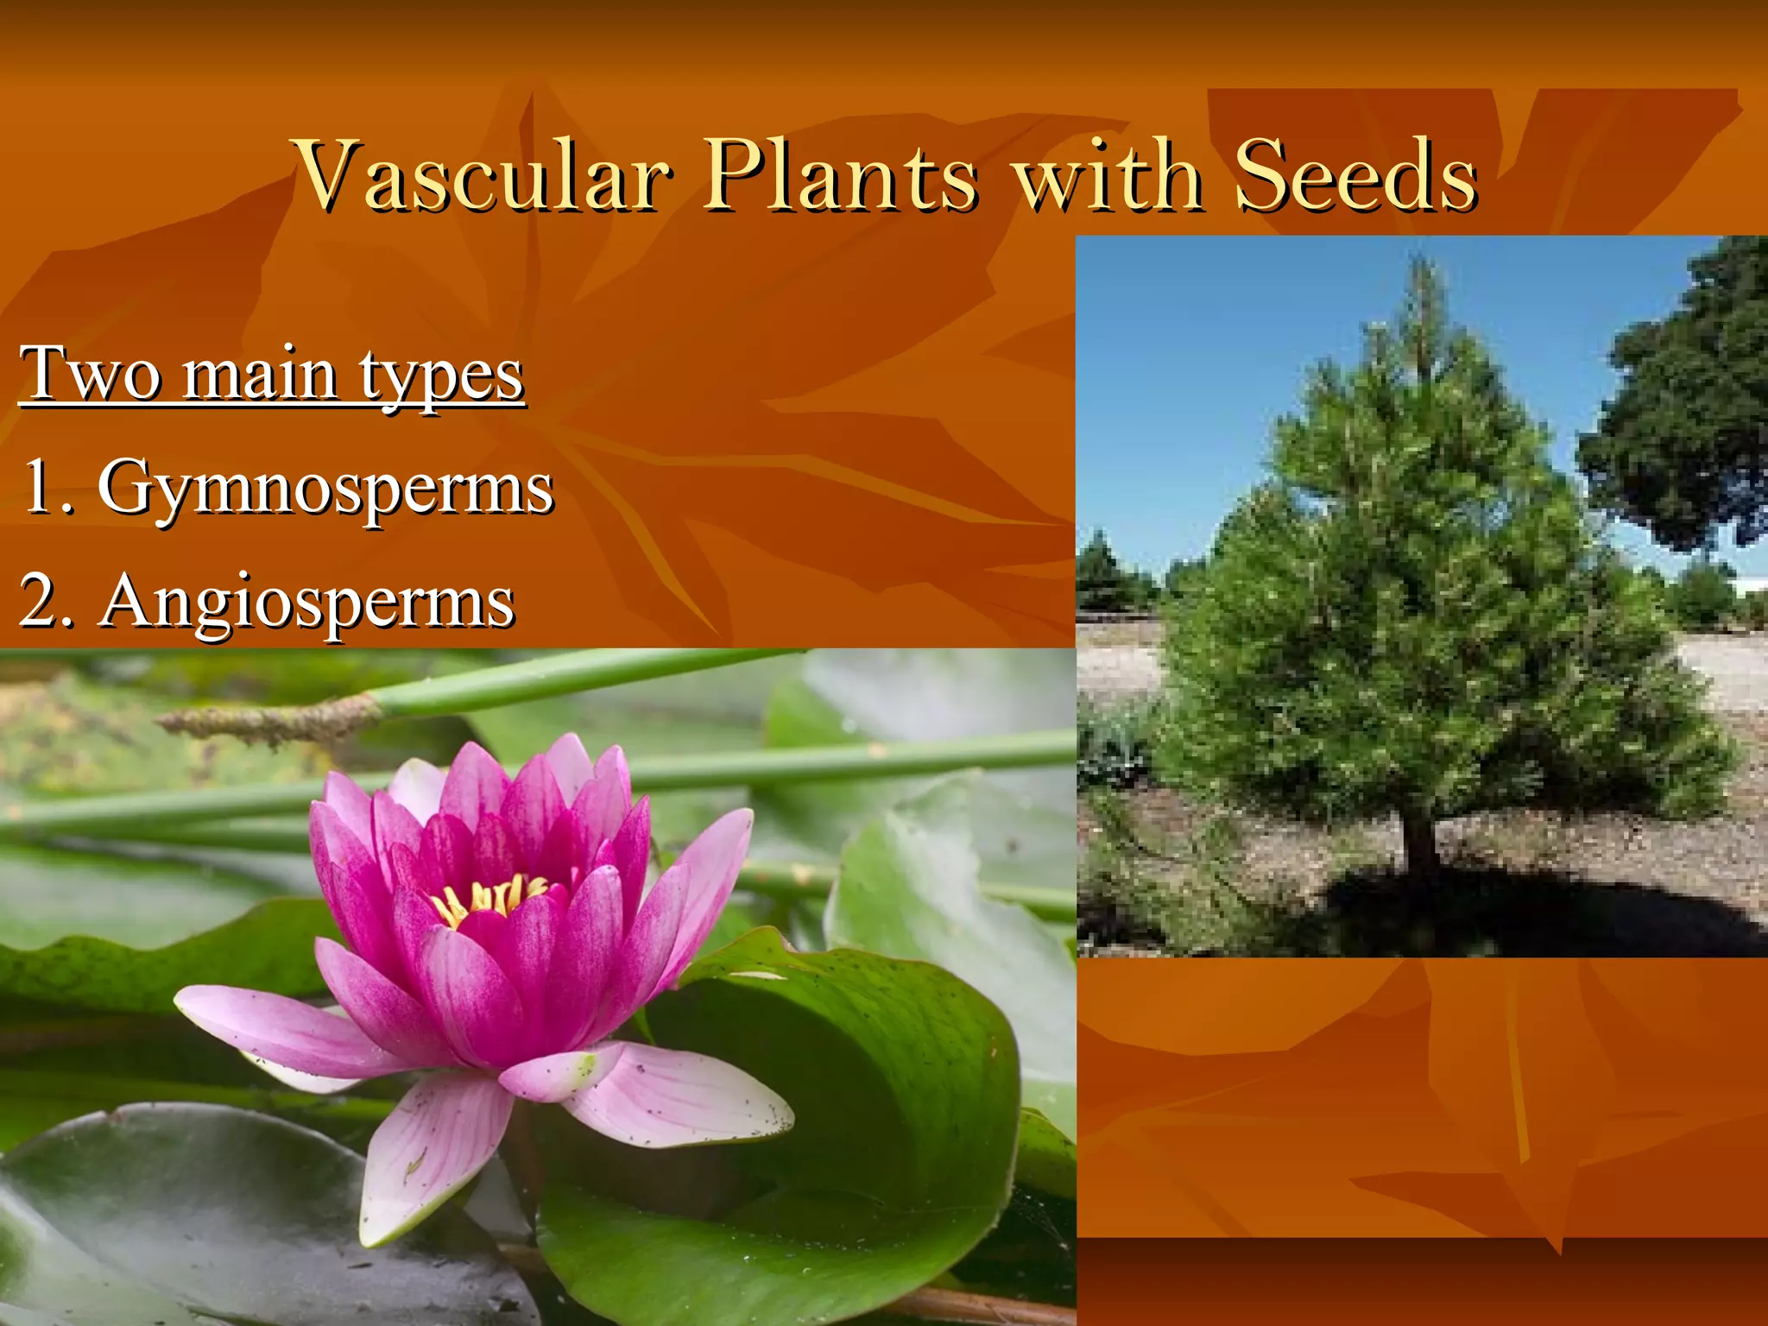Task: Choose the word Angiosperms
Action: [x=307, y=603]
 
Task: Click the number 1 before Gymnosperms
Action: [x=39, y=486]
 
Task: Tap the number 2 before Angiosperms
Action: [x=39, y=601]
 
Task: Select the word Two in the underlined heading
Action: [x=90, y=375]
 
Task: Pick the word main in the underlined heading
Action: [x=259, y=375]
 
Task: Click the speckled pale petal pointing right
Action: [x=682, y=1096]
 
